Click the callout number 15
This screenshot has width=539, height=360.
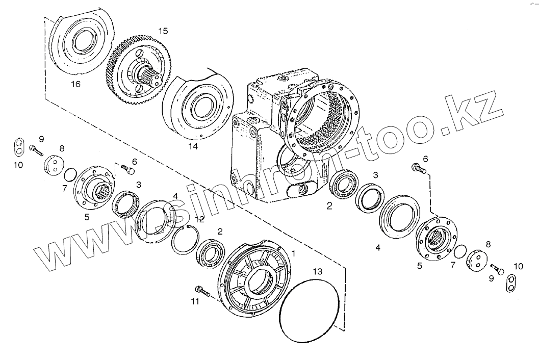point(162,31)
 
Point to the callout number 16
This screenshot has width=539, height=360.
point(75,84)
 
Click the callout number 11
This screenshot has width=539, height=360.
point(195,302)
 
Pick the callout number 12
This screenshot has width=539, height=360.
point(199,219)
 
